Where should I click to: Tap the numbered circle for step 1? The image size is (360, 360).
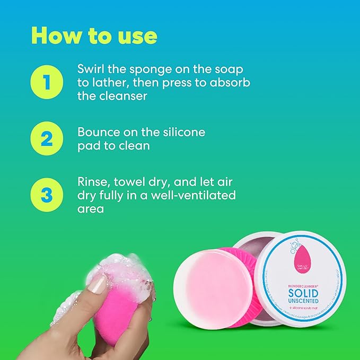[x=47, y=83]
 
